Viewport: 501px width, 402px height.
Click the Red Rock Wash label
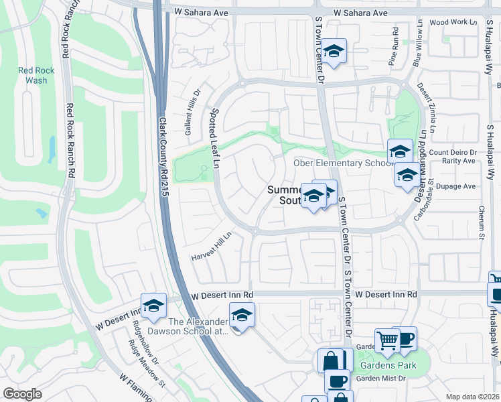[x=32, y=75]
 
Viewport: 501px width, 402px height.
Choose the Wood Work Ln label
[x=449, y=22]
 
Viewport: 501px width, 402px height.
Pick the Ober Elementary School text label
[x=343, y=163]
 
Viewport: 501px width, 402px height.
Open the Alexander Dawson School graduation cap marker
[x=242, y=315]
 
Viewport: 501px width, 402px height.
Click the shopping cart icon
[x=387, y=340]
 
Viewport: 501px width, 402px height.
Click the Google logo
[x=22, y=394]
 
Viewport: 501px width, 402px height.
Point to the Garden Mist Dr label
[x=381, y=378]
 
